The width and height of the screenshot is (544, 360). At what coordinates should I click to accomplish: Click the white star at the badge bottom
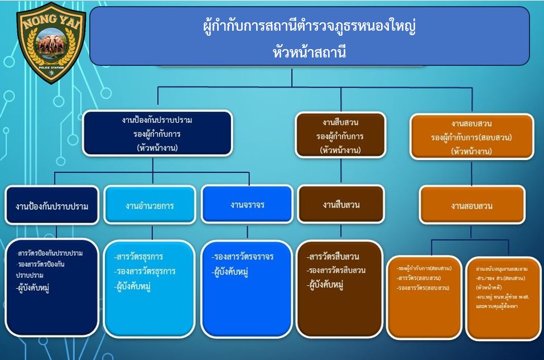[52, 73]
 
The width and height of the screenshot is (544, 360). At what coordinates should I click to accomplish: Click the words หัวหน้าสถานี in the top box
[310, 52]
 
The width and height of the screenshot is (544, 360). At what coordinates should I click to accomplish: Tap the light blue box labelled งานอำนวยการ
[150, 205]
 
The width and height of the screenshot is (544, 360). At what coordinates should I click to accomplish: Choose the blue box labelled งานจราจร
[247, 204]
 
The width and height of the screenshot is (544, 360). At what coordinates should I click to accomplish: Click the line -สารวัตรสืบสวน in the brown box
[333, 257]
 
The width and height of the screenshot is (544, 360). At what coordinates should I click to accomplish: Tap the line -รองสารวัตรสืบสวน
[336, 271]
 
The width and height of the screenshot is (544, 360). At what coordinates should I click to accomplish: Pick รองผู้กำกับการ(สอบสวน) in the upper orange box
[471, 137]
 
